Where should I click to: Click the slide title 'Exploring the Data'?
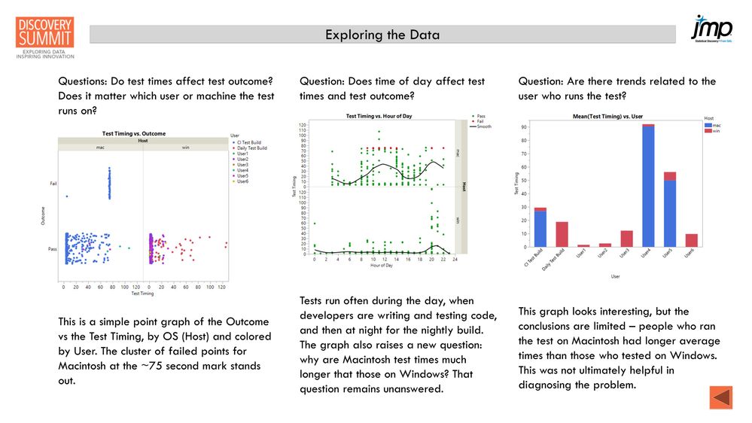pos(382,35)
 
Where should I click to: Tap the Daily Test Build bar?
pos(562,234)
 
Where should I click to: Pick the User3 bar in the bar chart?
pos(626,239)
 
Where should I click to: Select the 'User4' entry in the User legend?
pos(242,170)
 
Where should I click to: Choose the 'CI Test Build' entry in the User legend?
pos(248,142)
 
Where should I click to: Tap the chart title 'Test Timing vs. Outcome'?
pos(134,133)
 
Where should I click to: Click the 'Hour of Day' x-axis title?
pos(381,266)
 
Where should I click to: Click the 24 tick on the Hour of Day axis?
pos(455,259)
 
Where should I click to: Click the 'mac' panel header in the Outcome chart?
pos(99,148)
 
